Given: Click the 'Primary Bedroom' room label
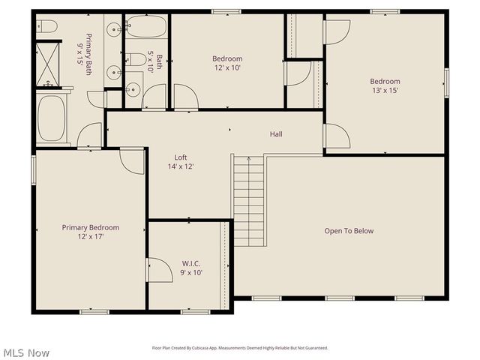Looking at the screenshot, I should point(90,227).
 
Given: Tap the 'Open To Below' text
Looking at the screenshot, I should point(349,231).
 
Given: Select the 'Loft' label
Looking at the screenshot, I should point(181,157).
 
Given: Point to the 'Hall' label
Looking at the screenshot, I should point(276,134).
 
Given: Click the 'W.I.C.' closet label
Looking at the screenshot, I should point(191,264).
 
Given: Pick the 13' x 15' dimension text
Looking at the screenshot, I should point(384,90).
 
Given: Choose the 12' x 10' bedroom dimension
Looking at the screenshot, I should point(226,67).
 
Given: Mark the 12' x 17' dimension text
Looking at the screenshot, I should point(90,236).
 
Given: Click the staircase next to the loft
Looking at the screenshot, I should point(248,200).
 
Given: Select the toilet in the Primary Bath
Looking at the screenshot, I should point(47,28).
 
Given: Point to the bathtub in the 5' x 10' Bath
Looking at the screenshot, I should point(146,28).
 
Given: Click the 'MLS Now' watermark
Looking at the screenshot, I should point(26,352).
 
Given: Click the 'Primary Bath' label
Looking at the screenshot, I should point(85,49).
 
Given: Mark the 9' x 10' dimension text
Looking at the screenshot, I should point(191,273).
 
